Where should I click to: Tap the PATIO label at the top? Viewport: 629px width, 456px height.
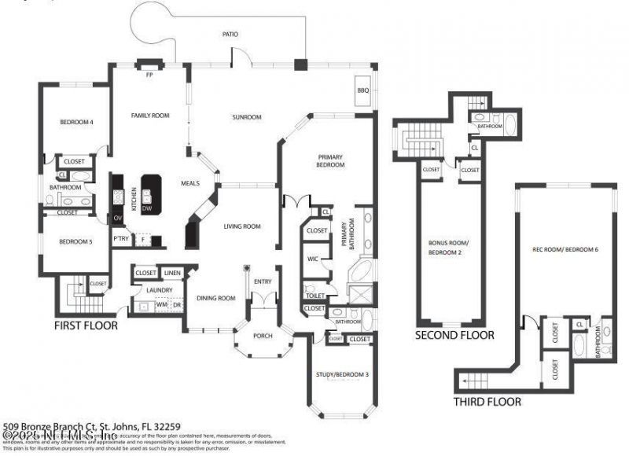230,35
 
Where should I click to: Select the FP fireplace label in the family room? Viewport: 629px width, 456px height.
149,75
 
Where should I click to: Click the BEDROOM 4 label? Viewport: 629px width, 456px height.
77,122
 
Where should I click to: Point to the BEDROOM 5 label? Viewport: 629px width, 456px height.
76,242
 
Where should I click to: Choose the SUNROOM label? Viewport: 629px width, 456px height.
246,117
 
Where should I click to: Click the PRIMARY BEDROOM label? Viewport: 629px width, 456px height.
331,160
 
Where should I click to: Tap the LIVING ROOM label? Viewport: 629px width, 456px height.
241,226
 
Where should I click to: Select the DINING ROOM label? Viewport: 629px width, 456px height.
215,298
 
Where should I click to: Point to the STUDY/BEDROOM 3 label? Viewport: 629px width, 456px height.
341,375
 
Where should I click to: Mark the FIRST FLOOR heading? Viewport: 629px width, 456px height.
86,325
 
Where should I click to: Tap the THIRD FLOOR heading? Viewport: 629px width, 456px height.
487,402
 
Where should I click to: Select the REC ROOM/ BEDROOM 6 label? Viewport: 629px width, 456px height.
565,249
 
